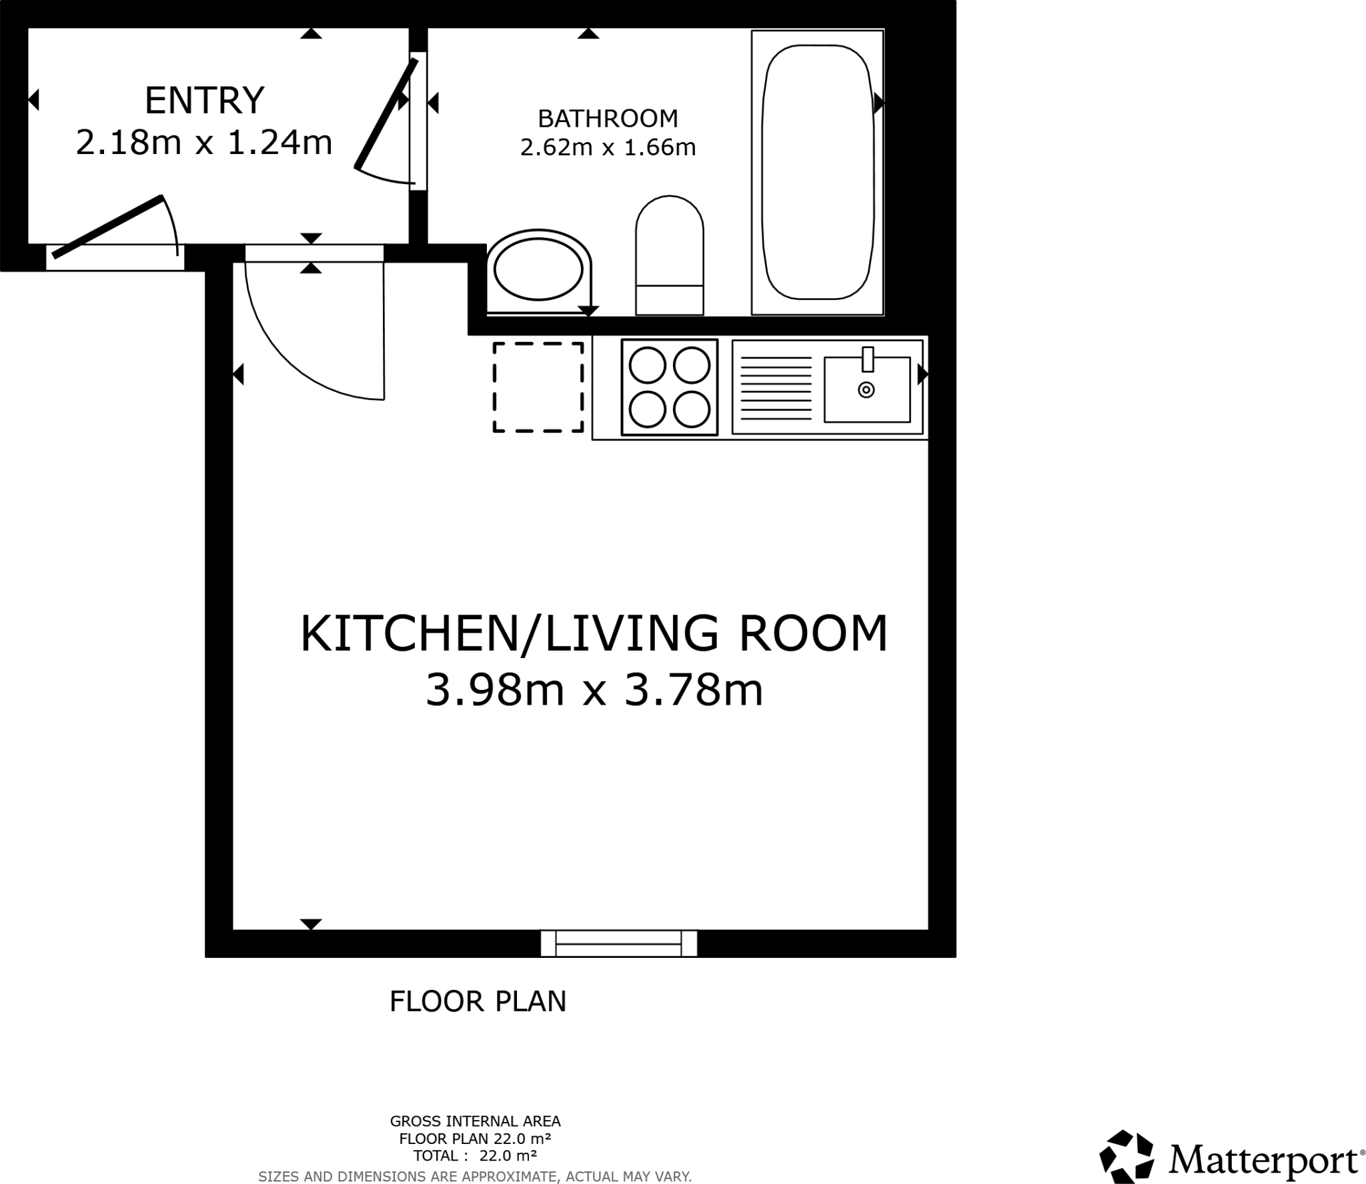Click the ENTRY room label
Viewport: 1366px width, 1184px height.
click(x=204, y=100)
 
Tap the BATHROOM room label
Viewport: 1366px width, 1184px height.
click(x=608, y=119)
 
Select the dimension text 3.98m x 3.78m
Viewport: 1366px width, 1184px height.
click(x=594, y=690)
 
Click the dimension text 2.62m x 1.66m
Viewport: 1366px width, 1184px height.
click(x=608, y=147)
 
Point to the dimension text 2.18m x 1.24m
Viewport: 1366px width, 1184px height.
click(x=204, y=143)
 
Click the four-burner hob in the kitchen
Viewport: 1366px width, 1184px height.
click(x=669, y=387)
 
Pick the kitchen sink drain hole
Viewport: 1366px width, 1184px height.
click(x=866, y=390)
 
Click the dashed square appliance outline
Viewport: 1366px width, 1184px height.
click(x=538, y=387)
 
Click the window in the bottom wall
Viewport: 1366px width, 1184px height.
click(x=618, y=943)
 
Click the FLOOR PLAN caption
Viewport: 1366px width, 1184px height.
click(x=478, y=1001)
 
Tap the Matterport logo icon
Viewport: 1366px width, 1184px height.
click(x=1126, y=1156)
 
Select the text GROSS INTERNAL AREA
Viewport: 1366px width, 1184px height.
click(x=475, y=1121)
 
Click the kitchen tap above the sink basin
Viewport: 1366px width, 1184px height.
click(x=868, y=359)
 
